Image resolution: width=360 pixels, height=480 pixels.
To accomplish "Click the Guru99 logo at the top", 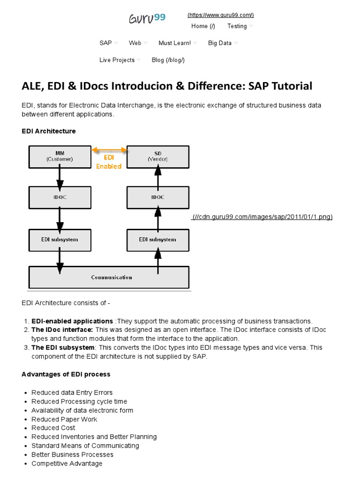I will [147, 18].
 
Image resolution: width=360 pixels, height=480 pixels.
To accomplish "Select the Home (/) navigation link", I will [203, 26].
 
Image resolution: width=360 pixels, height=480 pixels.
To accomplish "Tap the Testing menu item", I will [237, 26].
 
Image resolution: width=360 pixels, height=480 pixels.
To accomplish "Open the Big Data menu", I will [220, 43].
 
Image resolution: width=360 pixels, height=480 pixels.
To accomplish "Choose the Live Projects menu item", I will [117, 60].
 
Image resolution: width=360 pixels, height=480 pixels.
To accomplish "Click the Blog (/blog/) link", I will [168, 60].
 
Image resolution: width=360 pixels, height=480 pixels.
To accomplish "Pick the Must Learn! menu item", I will [174, 43].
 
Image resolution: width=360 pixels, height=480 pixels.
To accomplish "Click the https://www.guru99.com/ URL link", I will [220, 15].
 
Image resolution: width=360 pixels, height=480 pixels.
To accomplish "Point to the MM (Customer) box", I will [60, 156].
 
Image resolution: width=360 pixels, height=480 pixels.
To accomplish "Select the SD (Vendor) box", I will [158, 156].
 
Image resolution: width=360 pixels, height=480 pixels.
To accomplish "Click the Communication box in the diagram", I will [109, 277].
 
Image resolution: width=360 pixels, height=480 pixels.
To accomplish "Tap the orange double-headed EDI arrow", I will [109, 150].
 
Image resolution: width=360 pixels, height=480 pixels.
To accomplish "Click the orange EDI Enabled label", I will [109, 162].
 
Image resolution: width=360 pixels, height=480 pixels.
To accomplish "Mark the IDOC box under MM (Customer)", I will [60, 197].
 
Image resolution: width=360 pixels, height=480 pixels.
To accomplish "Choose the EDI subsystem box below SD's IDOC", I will [158, 240].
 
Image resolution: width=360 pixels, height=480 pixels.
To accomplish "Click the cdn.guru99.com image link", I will [262, 217].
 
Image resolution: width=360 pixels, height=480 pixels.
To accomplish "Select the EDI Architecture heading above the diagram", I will [49, 131].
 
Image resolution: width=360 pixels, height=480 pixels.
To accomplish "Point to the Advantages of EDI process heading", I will [66, 374].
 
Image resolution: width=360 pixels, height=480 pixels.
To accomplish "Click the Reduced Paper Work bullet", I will [64, 419].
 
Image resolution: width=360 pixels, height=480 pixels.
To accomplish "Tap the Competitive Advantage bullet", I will [67, 463].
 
